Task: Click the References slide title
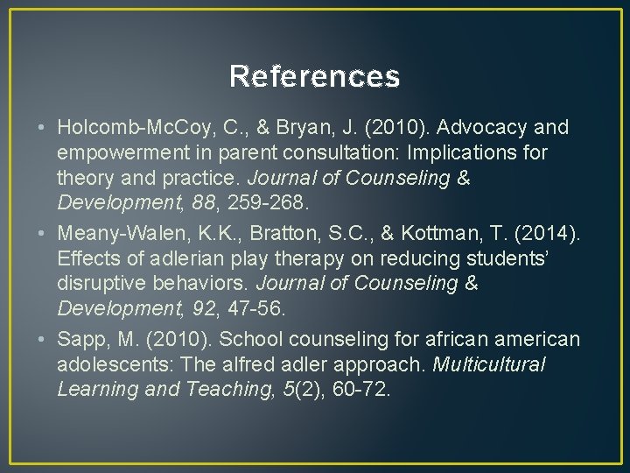(315, 77)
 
